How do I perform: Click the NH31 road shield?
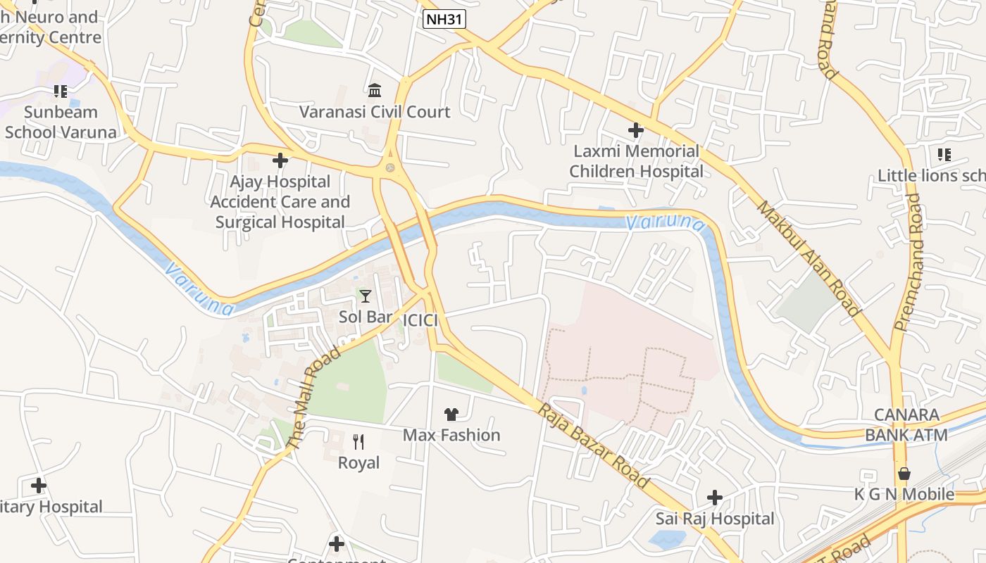point(444,19)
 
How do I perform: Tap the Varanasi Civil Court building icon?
point(375,90)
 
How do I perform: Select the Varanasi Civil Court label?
point(375,112)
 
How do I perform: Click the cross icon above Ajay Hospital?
point(280,160)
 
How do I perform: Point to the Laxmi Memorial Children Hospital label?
point(635,161)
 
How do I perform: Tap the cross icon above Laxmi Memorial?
point(636,130)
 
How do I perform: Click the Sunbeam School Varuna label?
point(61,122)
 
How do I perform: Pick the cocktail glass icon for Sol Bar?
point(365,296)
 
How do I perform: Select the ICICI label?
point(420,321)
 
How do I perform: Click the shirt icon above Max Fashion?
point(451,414)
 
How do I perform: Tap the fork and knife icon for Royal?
point(358,442)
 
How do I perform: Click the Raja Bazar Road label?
point(594,446)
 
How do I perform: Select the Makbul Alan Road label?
point(809,258)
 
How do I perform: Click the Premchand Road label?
point(907,262)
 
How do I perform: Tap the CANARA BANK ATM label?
point(906,425)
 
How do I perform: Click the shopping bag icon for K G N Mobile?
point(904,474)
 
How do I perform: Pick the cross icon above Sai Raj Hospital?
point(715,498)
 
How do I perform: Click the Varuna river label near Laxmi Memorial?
point(665,223)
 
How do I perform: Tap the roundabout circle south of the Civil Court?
point(389,167)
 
